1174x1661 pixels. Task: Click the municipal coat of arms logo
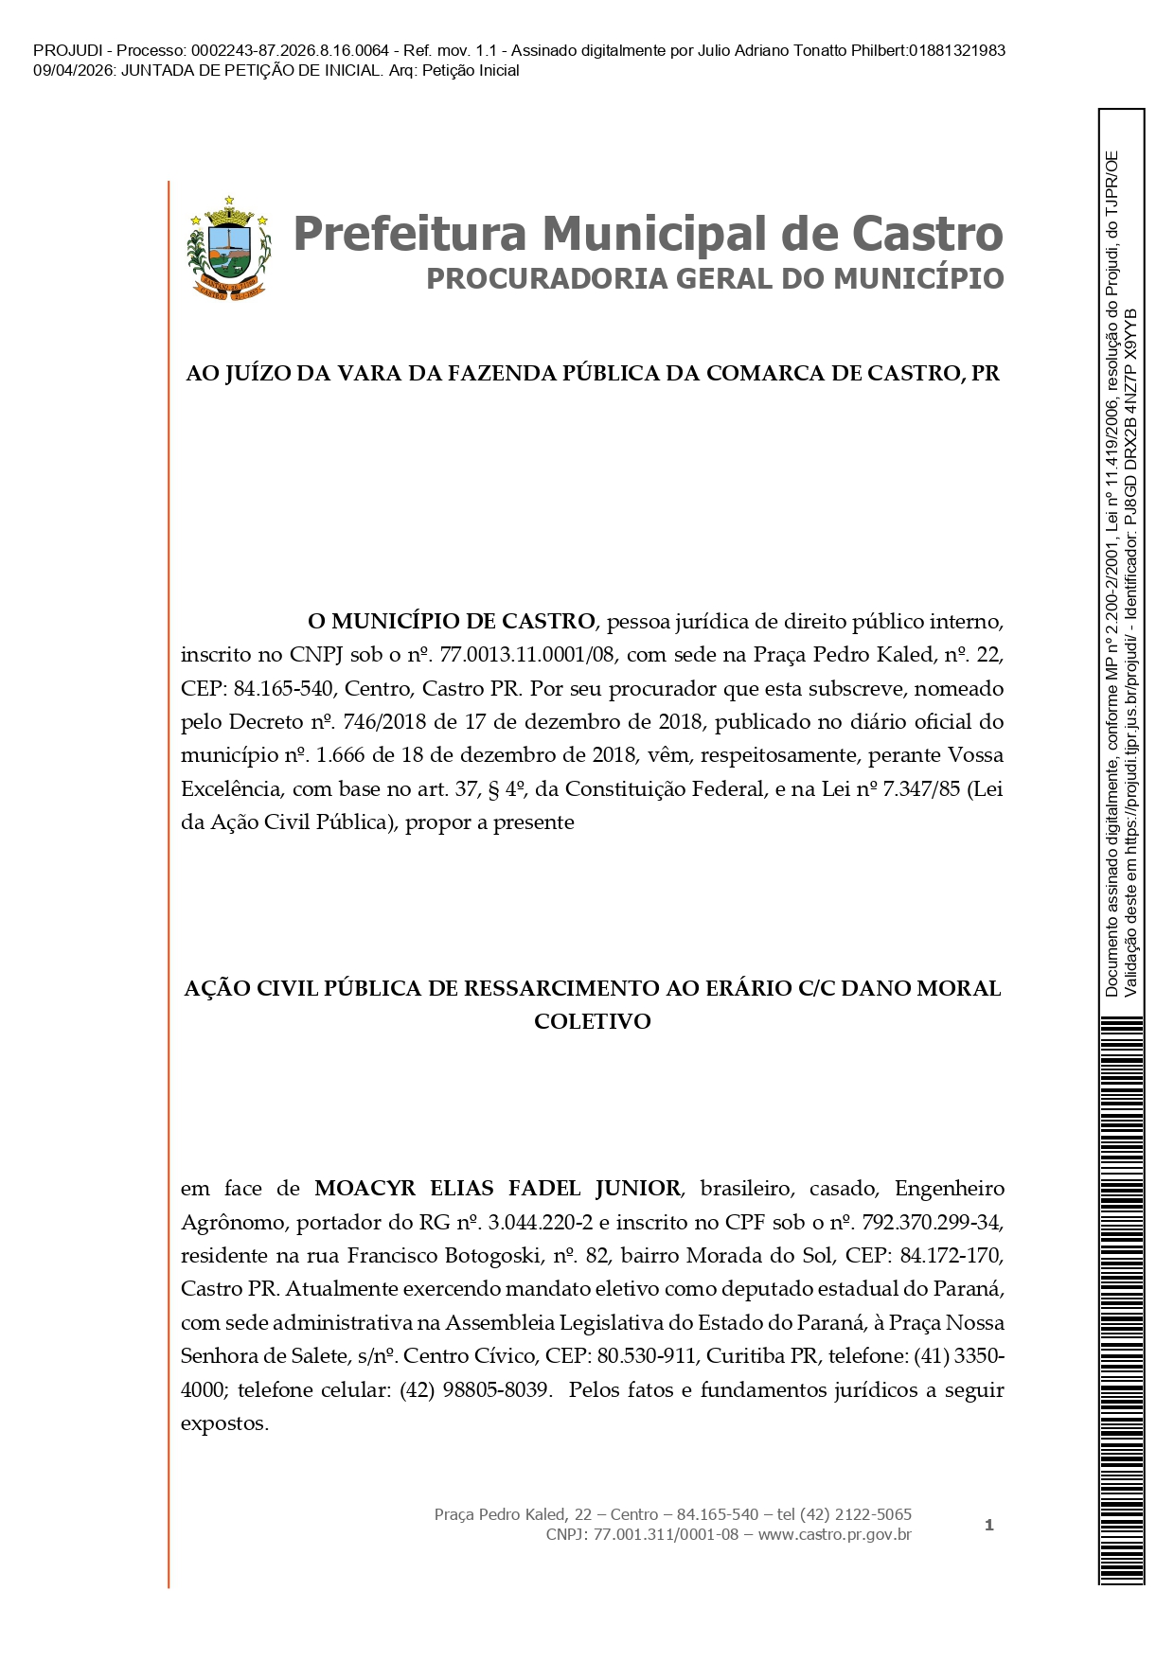pos(228,248)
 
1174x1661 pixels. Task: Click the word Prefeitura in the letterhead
pos(409,234)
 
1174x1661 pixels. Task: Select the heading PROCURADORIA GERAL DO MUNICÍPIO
pos(715,279)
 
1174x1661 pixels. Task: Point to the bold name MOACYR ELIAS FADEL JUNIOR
pos(497,1189)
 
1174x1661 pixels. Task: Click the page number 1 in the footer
pos(989,1525)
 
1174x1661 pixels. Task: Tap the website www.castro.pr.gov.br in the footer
pos(834,1534)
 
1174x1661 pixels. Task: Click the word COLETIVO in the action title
pos(593,1022)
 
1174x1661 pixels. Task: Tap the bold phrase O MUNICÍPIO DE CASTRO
pos(451,622)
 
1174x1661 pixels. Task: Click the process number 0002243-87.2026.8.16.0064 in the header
pos(290,50)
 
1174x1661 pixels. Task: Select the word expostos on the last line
pos(224,1423)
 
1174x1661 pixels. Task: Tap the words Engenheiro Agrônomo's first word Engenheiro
pos(950,1189)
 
